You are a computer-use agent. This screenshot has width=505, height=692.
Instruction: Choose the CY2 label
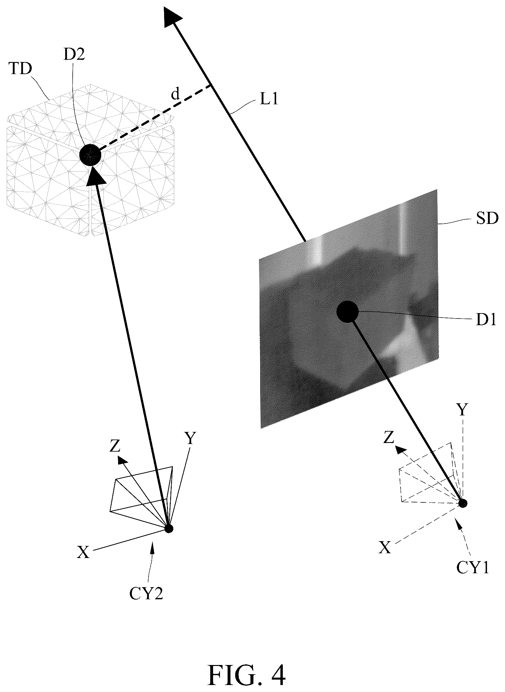pyautogui.click(x=146, y=594)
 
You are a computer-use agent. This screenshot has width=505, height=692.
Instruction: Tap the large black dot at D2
pyautogui.click(x=90, y=155)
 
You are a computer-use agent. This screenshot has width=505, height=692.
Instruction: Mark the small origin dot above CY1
pyautogui.click(x=463, y=503)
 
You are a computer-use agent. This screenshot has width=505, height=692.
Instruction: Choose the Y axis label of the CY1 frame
pyautogui.click(x=462, y=410)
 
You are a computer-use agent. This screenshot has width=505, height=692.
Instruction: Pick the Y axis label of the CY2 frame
pyautogui.click(x=190, y=438)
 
